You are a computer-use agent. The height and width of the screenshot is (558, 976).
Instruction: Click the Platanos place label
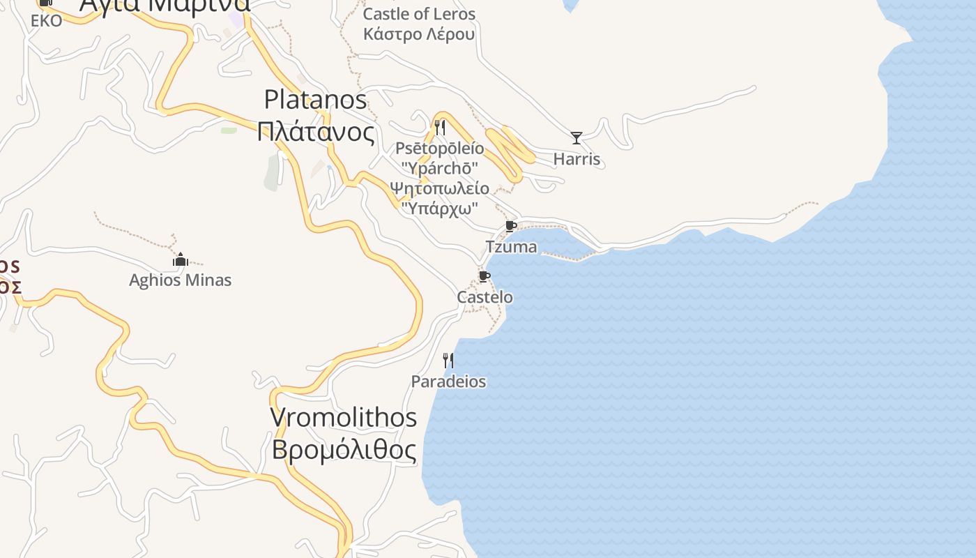click(x=315, y=100)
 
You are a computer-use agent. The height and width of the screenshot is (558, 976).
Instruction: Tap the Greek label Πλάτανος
click(x=315, y=131)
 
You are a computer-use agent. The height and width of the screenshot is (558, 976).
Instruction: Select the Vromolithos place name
click(x=343, y=417)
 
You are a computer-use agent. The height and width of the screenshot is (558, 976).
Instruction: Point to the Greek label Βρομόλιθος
click(x=344, y=450)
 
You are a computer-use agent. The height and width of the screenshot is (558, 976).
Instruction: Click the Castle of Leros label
click(x=419, y=14)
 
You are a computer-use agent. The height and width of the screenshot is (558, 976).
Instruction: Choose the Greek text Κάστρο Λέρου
click(x=419, y=34)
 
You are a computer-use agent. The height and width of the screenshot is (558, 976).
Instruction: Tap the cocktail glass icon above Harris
click(x=577, y=137)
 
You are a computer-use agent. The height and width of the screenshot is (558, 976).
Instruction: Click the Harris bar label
click(x=577, y=159)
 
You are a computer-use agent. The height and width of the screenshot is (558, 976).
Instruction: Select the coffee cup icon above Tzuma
click(x=511, y=226)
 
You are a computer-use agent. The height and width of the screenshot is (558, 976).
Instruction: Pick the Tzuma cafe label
click(x=511, y=247)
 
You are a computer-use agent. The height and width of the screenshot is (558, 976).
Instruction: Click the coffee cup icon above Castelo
click(x=485, y=277)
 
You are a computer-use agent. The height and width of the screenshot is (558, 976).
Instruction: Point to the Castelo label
click(x=485, y=297)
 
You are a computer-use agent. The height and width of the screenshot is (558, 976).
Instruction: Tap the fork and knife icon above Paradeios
click(x=448, y=361)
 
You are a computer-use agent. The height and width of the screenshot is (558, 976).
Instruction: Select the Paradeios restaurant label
click(x=448, y=382)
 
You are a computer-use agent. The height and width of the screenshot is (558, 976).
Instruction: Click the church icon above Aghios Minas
click(x=181, y=260)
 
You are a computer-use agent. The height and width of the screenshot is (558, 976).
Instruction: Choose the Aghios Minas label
click(x=181, y=280)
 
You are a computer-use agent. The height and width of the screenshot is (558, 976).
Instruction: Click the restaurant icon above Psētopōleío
click(x=440, y=128)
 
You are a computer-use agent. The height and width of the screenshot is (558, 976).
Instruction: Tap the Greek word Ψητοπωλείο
click(x=439, y=188)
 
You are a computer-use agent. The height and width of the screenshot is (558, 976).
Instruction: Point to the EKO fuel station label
click(x=47, y=21)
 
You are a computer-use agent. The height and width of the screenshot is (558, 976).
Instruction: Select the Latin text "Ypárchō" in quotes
click(x=439, y=168)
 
